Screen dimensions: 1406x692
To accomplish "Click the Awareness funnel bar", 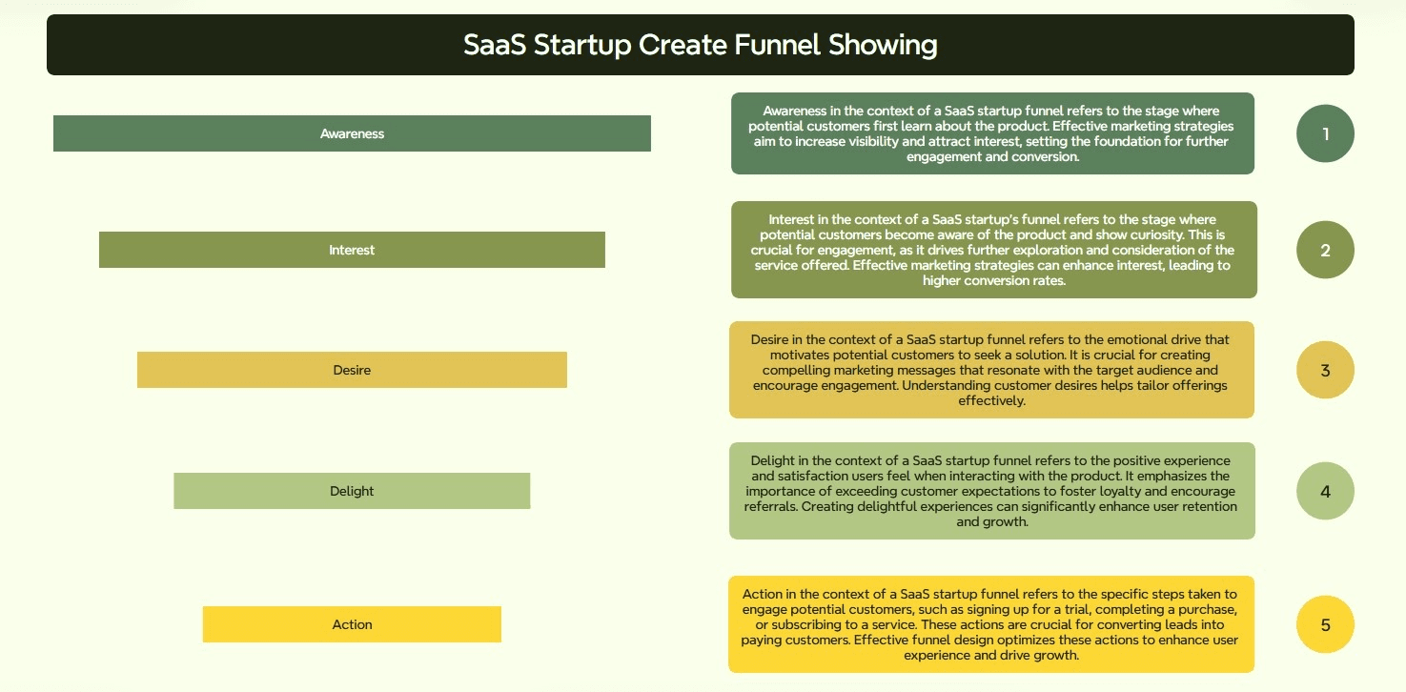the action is pyautogui.click(x=352, y=133).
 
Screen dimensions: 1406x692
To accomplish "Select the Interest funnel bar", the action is pyautogui.click(x=352, y=250).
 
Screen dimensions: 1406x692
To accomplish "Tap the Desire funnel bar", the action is pyautogui.click(x=352, y=370).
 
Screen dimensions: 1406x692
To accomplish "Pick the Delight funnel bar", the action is pyautogui.click(x=352, y=491).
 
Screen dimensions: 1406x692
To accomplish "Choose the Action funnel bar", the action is pyautogui.click(x=352, y=624).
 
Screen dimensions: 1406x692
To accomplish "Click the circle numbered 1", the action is pyautogui.click(x=1325, y=133).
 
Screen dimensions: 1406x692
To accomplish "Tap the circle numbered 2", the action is pyautogui.click(x=1325, y=250).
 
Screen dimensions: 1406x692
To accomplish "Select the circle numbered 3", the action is pyautogui.click(x=1325, y=370).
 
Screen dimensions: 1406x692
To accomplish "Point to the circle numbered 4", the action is pyautogui.click(x=1325, y=491).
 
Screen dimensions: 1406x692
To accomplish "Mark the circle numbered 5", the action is pyautogui.click(x=1325, y=624).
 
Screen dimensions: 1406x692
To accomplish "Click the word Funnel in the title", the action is pyautogui.click(x=777, y=45).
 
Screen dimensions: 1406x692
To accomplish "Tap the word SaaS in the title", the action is pyautogui.click(x=495, y=45).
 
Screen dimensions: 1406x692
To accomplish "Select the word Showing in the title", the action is pyautogui.click(x=883, y=45).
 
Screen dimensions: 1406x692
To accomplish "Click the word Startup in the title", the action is pyautogui.click(x=582, y=46).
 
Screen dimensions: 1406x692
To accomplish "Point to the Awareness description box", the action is pyautogui.click(x=993, y=133).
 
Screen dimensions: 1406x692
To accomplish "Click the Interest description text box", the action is pyautogui.click(x=994, y=250).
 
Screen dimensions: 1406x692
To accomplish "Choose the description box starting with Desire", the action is pyautogui.click(x=991, y=370).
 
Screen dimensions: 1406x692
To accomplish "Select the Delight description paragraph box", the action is pyautogui.click(x=992, y=491).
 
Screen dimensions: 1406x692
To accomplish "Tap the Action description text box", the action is pyautogui.click(x=991, y=624).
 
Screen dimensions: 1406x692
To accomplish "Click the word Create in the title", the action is pyautogui.click(x=683, y=45).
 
